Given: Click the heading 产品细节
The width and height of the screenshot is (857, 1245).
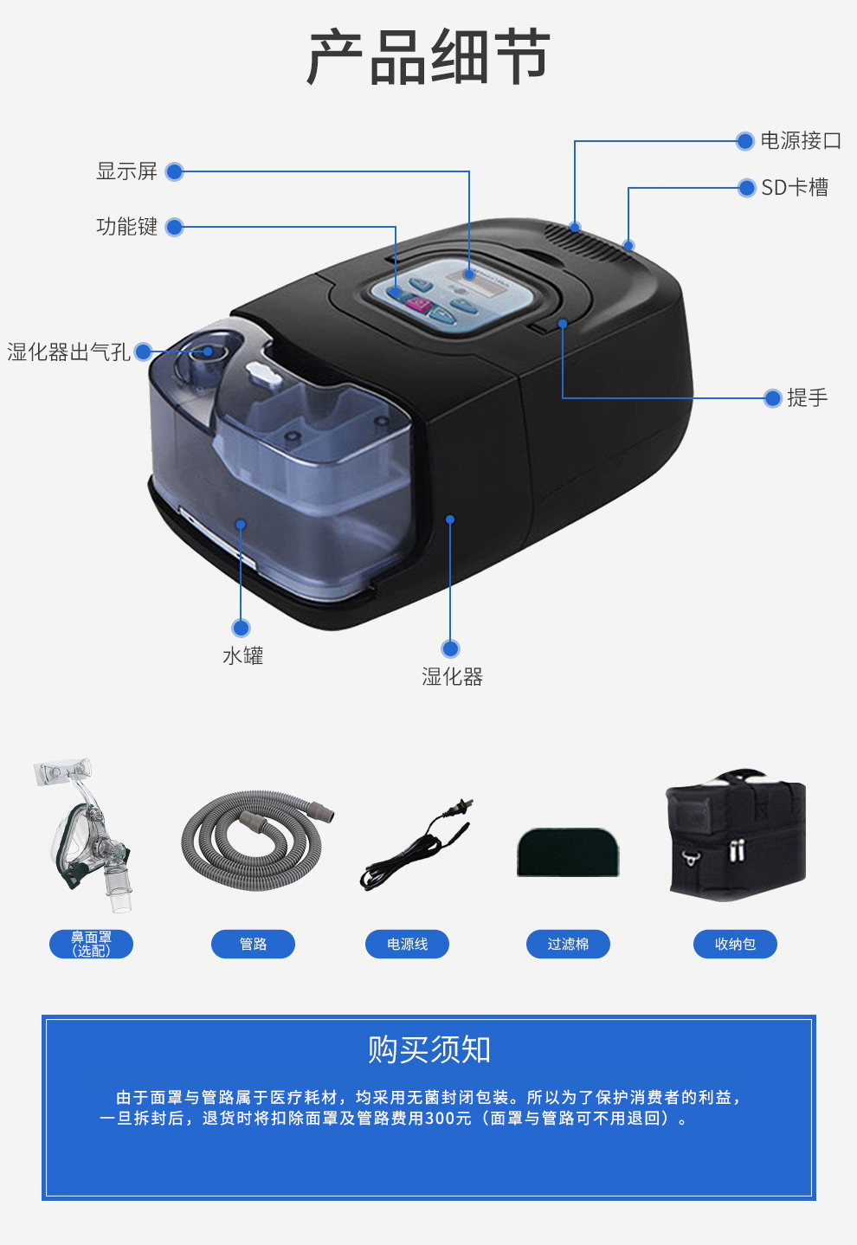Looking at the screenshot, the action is pyautogui.click(x=428, y=57).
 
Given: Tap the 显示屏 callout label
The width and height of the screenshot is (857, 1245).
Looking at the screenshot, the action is pyautogui.click(x=126, y=171).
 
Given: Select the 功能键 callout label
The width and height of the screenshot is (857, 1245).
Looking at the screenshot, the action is pyautogui.click(x=126, y=227).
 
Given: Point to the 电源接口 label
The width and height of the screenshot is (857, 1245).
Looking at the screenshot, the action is pyautogui.click(x=801, y=140).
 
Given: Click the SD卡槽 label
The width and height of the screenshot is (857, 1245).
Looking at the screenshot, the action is pyautogui.click(x=795, y=187).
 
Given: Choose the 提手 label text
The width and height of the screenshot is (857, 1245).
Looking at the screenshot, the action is pyautogui.click(x=808, y=398).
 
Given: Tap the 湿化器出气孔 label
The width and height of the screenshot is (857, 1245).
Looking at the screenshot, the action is pyautogui.click(x=68, y=352).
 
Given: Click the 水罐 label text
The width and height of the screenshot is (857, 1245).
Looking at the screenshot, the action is pyautogui.click(x=243, y=656).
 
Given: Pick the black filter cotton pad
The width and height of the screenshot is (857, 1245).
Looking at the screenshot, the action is pyautogui.click(x=568, y=852).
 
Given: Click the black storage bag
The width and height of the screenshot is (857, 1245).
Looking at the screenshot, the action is pyautogui.click(x=735, y=835).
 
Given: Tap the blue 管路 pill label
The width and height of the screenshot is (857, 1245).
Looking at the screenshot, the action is pyautogui.click(x=253, y=944).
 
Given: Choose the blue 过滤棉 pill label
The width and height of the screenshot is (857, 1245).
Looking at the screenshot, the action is pyautogui.click(x=568, y=944).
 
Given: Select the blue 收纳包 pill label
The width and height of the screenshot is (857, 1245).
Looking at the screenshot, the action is pyautogui.click(x=735, y=944).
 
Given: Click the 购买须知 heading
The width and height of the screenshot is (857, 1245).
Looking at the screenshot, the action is pyautogui.click(x=428, y=1050).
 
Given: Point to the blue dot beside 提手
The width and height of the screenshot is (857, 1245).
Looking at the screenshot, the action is pyautogui.click(x=772, y=398).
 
